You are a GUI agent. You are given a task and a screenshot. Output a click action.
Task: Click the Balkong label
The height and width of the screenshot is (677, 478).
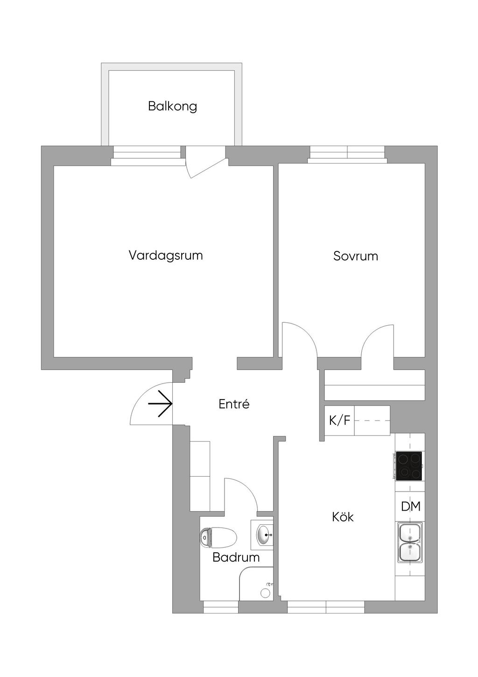coord(172,106)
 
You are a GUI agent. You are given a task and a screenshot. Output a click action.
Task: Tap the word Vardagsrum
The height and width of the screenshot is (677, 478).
coord(166,256)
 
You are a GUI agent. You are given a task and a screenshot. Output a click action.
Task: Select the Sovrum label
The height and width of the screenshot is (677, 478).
coord(355,256)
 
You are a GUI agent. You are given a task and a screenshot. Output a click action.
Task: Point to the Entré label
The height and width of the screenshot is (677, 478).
coord(234,404)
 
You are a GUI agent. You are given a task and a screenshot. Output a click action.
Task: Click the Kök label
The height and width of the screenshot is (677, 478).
coord(343,517)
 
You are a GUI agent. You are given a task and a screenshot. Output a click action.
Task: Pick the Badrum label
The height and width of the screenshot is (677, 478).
coord(236,557)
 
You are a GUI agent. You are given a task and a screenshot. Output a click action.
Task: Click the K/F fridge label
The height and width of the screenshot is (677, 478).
coord(339,420)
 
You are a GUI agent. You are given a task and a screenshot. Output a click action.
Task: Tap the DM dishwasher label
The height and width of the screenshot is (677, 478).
coord(411,506)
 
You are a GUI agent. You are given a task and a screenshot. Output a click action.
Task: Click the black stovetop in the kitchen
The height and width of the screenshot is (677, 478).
coord(408,466)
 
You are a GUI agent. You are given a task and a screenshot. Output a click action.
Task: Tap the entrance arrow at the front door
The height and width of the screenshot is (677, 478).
coord(160,403)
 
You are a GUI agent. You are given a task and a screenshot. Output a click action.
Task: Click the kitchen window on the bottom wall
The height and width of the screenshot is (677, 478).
coord(325,606)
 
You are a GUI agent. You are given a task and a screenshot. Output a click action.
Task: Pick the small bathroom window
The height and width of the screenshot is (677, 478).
coord(221,606)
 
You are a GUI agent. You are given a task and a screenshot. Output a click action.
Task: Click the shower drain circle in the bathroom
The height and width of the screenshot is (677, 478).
coord(265,593)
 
